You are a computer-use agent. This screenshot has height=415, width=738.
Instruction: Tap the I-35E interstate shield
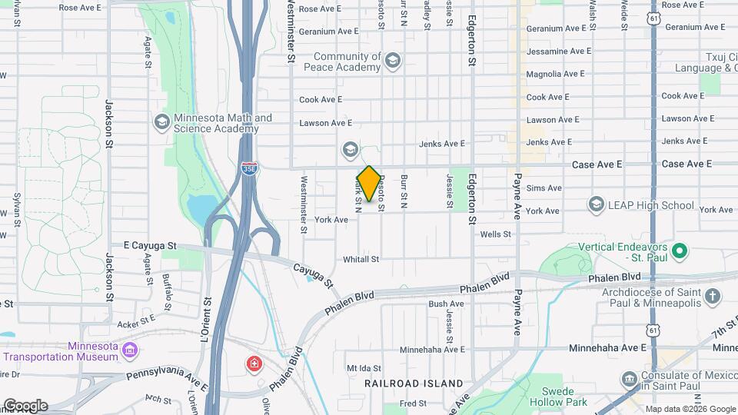coord(248,168)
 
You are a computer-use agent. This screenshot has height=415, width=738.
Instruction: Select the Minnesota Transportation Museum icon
coord(130,351)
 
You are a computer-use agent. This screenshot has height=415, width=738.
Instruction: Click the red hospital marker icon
coord(252,363)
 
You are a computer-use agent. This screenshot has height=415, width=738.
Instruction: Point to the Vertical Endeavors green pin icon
coord(679,251)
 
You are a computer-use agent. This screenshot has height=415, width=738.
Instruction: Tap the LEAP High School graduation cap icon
coord(596,204)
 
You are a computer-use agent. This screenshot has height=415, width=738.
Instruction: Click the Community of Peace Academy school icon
coord(393,61)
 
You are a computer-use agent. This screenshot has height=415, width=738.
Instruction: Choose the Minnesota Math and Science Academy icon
coord(161,122)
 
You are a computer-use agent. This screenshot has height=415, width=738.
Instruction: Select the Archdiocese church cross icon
coord(713,297)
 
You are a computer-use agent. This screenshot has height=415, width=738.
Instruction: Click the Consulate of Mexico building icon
coord(629,379)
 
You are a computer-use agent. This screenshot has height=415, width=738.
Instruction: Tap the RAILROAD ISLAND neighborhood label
coord(414,383)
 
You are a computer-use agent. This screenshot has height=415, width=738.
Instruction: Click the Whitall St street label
coord(361,260)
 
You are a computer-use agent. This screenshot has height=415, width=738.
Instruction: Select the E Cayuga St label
coord(149,245)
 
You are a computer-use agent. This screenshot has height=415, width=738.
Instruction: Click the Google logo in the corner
coord(25,406)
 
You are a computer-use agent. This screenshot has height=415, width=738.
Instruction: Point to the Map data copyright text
coord(689,409)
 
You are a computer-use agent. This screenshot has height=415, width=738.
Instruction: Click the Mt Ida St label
coord(364,368)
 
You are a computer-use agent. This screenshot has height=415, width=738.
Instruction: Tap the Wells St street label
coord(495,234)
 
